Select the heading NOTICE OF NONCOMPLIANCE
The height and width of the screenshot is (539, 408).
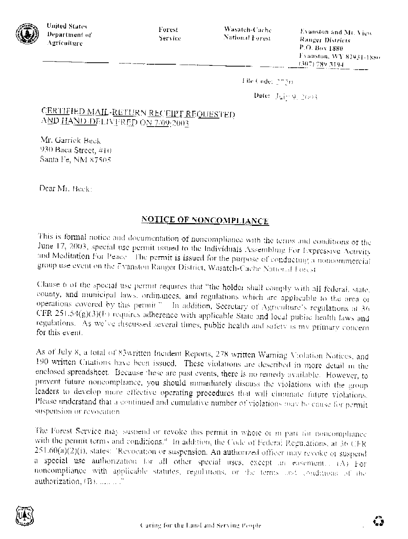pos(205,220)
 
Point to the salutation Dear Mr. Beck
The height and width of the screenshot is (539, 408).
pos(65,189)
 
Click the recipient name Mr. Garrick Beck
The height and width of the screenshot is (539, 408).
pos(71,141)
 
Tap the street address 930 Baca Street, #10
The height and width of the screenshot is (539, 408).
pos(76,150)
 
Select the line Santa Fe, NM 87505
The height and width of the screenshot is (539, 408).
pos(76,160)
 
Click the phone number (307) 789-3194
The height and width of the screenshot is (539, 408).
pos(321,65)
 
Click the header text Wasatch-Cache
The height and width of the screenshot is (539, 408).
pos(247,30)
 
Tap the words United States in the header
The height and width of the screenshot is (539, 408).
pos(66,26)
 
